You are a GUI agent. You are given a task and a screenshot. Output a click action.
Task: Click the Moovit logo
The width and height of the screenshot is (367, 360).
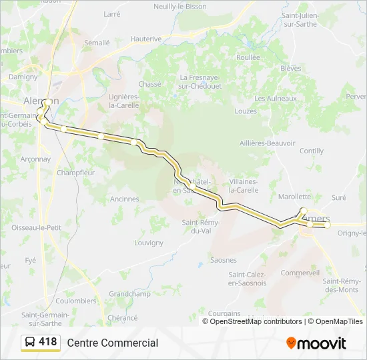click(316, 343)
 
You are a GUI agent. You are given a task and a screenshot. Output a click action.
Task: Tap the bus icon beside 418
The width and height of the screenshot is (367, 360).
click(30, 343)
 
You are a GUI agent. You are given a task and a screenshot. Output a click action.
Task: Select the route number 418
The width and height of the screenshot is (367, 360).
click(48, 342)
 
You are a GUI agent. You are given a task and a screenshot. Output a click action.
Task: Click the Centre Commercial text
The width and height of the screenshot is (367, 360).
click(112, 343)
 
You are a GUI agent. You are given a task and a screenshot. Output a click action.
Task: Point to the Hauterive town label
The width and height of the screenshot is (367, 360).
click(146, 39)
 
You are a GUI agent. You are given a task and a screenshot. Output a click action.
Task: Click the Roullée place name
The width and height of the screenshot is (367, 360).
click(248, 57)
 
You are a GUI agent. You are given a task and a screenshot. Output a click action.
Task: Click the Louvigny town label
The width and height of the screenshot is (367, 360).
click(148, 243)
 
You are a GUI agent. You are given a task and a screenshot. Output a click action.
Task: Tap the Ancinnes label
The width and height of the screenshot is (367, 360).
click(125, 199)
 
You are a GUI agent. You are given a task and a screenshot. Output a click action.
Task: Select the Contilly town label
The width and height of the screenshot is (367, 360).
click(312, 151)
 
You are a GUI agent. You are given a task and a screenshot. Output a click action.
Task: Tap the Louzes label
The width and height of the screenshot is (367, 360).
click(246, 111)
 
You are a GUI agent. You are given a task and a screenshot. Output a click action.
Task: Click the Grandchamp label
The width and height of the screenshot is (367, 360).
click(129, 293)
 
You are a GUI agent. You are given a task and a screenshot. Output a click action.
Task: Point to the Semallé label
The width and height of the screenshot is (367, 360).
click(97, 42)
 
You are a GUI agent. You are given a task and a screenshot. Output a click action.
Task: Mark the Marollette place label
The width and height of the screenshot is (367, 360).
click(294, 197)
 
